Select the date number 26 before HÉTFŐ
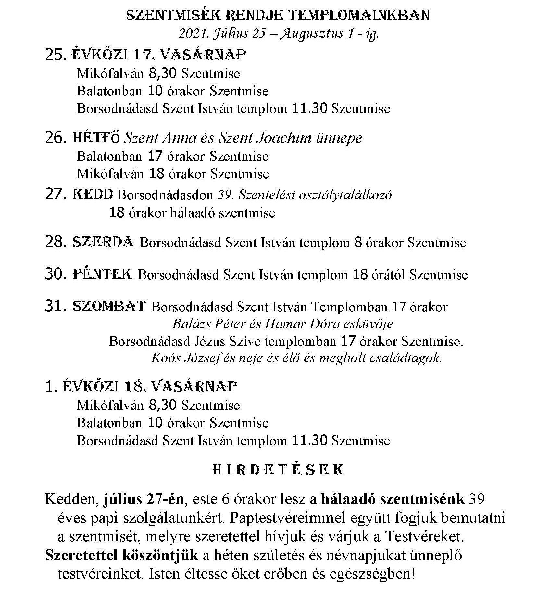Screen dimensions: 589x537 (55, 138)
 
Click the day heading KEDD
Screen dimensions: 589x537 (93, 194)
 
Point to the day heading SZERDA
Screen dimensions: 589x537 (103, 242)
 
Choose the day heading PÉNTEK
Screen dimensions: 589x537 (102, 274)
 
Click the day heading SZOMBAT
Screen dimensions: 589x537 (109, 306)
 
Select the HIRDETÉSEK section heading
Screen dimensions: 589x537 (278, 470)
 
